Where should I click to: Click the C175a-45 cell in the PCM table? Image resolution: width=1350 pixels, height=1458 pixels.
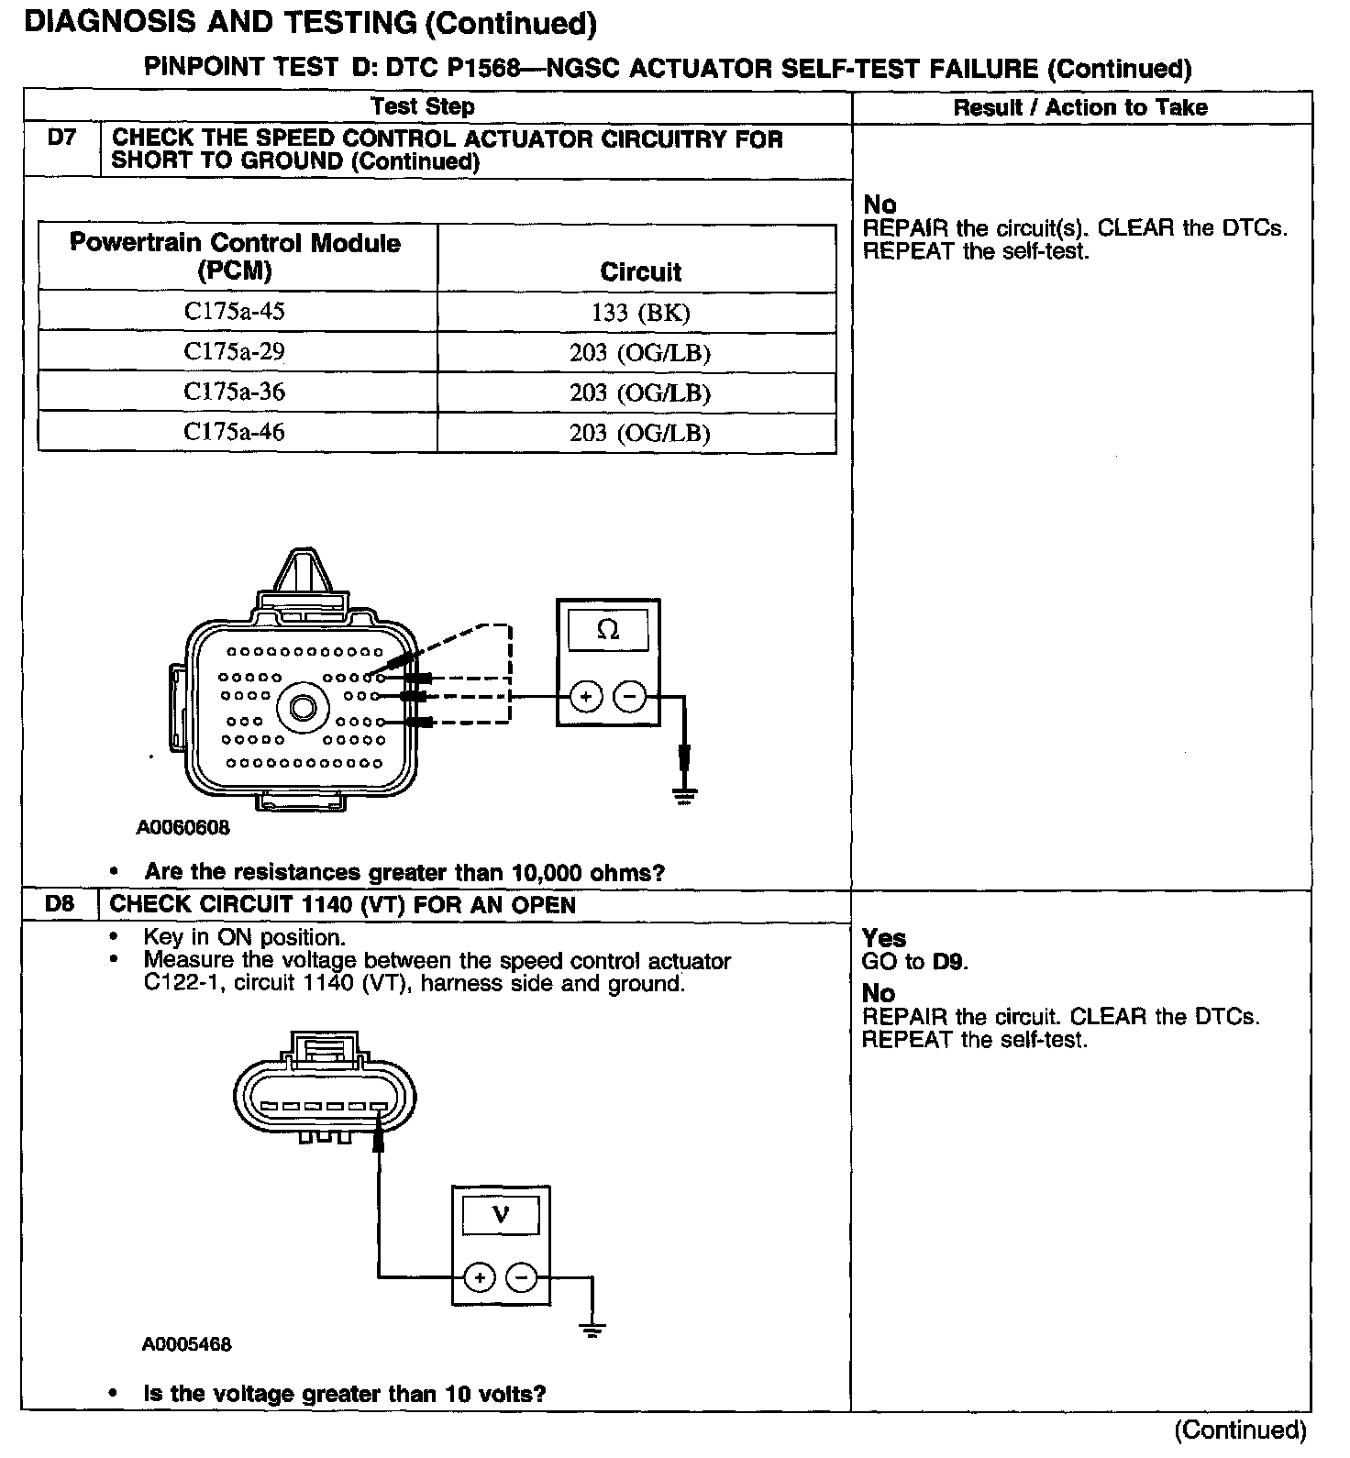235,312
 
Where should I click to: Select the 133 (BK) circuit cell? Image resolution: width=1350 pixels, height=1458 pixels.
639,314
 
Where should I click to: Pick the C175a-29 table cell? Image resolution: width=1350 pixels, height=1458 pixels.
235,352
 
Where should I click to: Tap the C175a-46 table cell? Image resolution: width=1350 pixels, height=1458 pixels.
235,432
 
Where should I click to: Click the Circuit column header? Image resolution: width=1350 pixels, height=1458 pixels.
640,271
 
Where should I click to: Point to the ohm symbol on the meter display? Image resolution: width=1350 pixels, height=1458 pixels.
608,630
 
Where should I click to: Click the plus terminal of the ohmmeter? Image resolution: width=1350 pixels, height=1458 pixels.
586,698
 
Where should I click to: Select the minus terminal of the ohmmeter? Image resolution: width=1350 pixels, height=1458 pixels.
629,698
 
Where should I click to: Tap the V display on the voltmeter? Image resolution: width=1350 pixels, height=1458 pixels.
501,1216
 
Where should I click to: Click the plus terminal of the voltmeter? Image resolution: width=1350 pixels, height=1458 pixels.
480,1276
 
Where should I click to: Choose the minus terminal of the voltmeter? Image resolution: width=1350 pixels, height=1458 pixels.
522,1276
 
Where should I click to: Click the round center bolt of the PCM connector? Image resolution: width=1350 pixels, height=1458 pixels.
304,708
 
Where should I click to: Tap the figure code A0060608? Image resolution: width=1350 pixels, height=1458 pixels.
183,828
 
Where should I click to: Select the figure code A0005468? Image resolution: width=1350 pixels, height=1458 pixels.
187,1345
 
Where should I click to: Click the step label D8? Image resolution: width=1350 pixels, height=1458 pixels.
60,904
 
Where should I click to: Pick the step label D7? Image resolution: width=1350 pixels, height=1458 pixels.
61,138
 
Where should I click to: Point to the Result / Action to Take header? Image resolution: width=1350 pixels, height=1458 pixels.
1080,107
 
